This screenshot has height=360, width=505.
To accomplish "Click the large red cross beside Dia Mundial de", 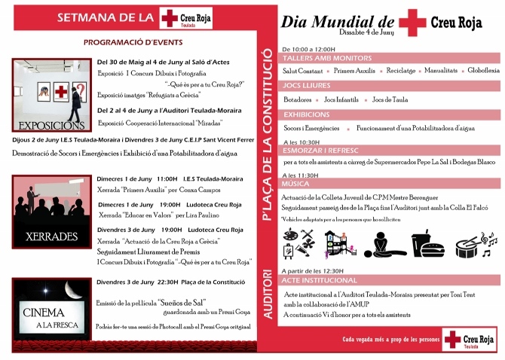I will tap(412, 22).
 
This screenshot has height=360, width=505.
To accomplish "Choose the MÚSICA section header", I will tap(295, 183).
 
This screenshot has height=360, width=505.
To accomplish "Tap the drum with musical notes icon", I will tap(476, 243).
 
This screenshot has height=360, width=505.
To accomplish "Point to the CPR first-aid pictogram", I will tap(385, 243).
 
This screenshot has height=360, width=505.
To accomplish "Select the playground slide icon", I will tap(337, 243).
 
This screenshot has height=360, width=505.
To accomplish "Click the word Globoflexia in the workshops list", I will tap(483, 70).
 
